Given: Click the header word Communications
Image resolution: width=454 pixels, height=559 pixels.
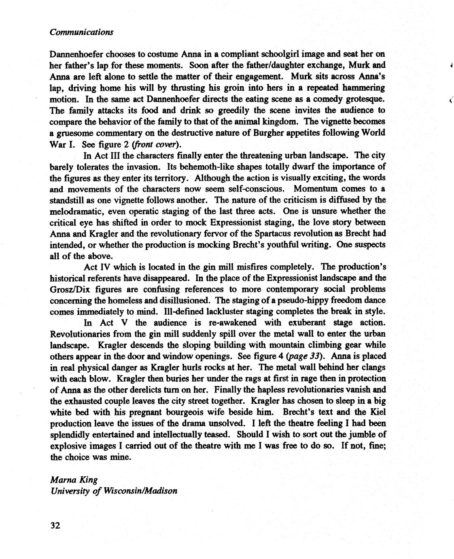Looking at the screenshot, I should pos(81,32).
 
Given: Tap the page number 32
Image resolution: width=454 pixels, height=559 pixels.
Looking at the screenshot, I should pos(55,525).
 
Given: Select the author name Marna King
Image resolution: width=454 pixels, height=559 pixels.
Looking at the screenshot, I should pos(74,480).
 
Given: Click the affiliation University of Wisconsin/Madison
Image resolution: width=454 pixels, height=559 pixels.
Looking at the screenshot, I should pos(114,491).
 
